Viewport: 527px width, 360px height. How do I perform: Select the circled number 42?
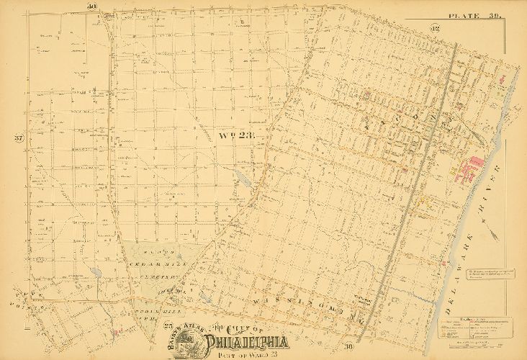click(x=435, y=28)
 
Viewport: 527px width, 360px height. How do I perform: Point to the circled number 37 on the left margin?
click(x=19, y=138)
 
